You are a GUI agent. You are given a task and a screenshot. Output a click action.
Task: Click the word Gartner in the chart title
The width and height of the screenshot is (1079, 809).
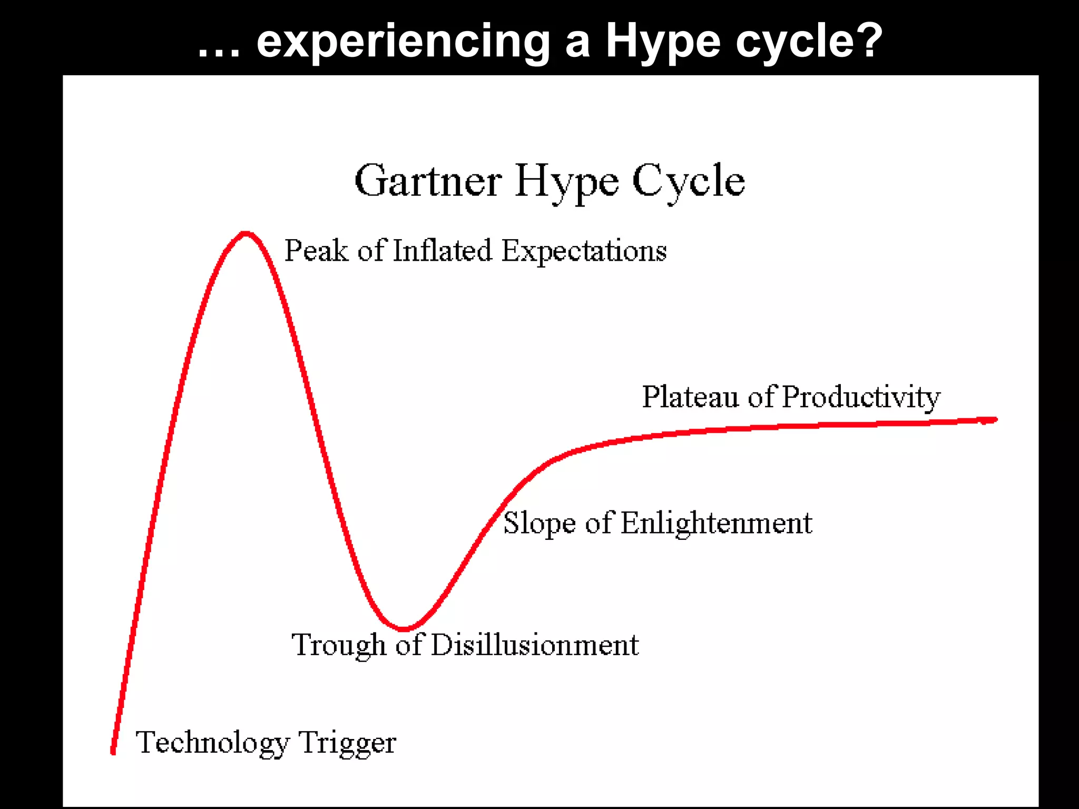click(428, 181)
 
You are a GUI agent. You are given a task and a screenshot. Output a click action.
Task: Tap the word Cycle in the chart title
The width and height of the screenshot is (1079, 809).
click(688, 181)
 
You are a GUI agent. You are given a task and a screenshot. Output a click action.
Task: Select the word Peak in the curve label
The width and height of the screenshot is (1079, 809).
click(316, 251)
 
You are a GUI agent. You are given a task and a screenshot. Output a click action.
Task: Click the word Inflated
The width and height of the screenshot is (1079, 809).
click(442, 251)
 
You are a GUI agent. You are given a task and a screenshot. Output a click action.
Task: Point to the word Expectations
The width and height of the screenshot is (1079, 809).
click(584, 252)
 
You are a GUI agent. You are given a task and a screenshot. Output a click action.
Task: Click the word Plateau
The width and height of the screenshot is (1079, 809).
click(690, 397)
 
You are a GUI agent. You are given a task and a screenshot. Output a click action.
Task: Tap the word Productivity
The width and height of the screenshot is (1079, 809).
click(861, 398)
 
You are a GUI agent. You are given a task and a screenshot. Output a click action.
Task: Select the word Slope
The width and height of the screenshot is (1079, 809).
click(539, 525)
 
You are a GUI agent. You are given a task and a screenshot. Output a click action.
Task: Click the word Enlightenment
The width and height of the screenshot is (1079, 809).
click(717, 525)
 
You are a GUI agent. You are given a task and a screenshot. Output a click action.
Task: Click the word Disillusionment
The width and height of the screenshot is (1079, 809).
click(534, 645)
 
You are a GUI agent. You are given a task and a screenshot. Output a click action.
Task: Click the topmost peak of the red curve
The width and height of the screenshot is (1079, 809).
click(246, 234)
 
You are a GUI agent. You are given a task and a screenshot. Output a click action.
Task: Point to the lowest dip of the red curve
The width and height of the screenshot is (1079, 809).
click(403, 628)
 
